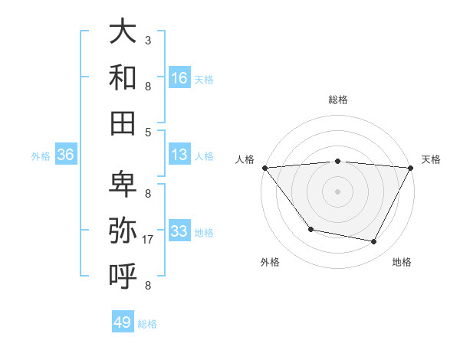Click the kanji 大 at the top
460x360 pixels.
123,32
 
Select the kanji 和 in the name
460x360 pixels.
123,77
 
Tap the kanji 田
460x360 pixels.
123,122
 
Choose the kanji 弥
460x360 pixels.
123,230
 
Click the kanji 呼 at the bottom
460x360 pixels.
123,275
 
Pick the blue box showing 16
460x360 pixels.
179,77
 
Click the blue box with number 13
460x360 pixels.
179,155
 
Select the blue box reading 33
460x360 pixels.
179,231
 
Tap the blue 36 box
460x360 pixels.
66,155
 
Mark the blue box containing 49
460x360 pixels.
123,322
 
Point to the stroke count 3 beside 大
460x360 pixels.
147,40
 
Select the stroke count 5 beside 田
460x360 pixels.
147,132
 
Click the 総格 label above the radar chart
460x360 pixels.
338,100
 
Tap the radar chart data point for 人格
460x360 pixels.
264,167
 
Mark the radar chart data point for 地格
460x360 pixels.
374,242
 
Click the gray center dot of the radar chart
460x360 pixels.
338,191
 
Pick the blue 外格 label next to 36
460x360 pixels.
41,156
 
